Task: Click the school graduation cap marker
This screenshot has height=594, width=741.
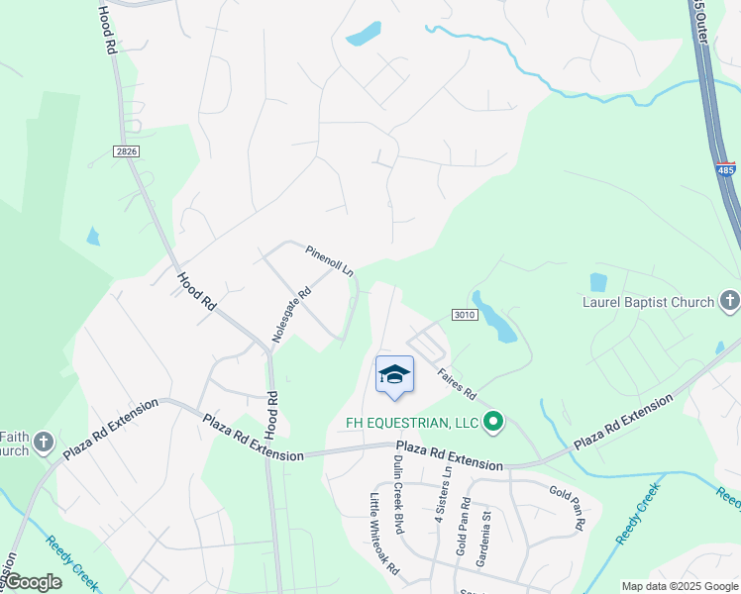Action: [394, 375]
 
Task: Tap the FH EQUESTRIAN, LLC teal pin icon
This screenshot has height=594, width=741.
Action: [493, 424]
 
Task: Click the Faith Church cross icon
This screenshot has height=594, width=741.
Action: [44, 442]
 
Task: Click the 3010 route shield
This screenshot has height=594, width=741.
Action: [467, 314]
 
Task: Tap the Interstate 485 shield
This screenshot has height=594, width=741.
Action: [726, 169]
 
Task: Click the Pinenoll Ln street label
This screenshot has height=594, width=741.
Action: [330, 260]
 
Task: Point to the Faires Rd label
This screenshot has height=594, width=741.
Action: [458, 385]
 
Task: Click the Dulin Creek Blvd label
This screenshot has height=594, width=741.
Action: [398, 496]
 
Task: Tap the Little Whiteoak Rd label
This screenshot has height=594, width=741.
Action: [384, 535]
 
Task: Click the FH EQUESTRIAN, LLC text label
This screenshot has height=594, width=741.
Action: [412, 424]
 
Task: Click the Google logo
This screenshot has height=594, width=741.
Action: [33, 582]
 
